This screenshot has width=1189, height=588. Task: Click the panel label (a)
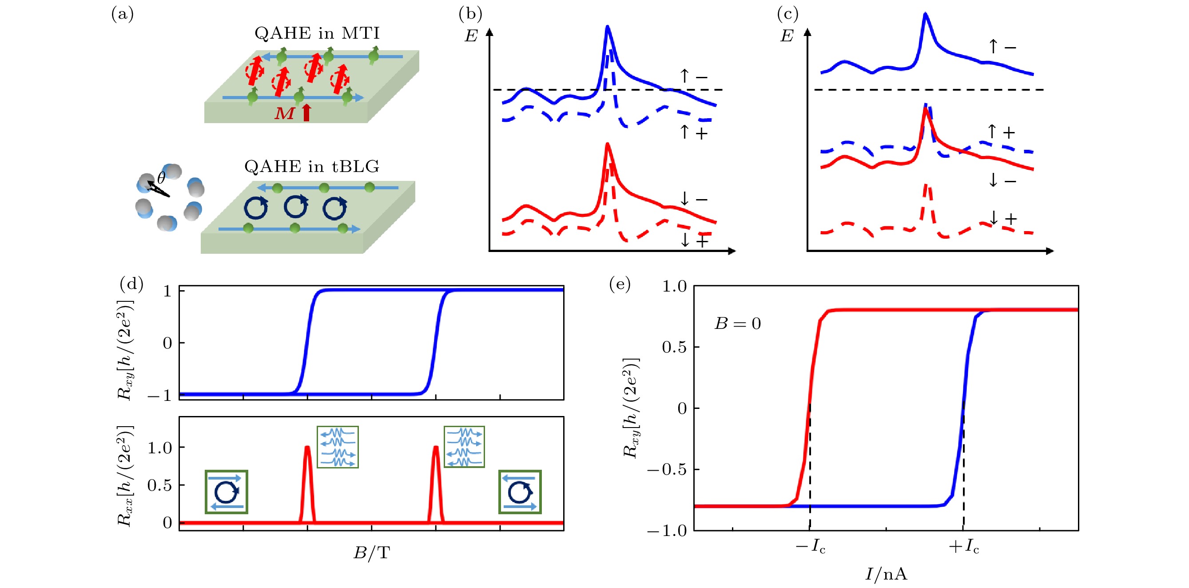pyautogui.click(x=122, y=14)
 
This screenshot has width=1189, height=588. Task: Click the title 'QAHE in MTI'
pyautogui.click(x=317, y=33)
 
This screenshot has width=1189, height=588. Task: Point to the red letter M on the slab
pyautogui.click(x=284, y=113)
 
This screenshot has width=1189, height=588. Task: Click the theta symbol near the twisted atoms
pyautogui.click(x=161, y=178)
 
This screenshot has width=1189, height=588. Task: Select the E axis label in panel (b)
pyautogui.click(x=471, y=36)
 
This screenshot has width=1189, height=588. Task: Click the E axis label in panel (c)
pyautogui.click(x=787, y=36)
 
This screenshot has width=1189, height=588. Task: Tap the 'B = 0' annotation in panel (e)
pyautogui.click(x=738, y=323)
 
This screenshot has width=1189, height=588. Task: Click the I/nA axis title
pyautogui.click(x=886, y=574)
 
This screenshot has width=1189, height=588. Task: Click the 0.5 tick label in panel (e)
pyautogui.click(x=674, y=347)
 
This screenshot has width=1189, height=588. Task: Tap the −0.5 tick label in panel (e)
pyautogui.click(x=667, y=470)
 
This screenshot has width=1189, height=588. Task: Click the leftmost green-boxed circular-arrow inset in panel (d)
pyautogui.click(x=226, y=492)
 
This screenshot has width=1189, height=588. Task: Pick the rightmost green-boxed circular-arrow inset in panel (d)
pyautogui.click(x=520, y=492)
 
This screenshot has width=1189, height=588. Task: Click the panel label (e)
pyautogui.click(x=620, y=284)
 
